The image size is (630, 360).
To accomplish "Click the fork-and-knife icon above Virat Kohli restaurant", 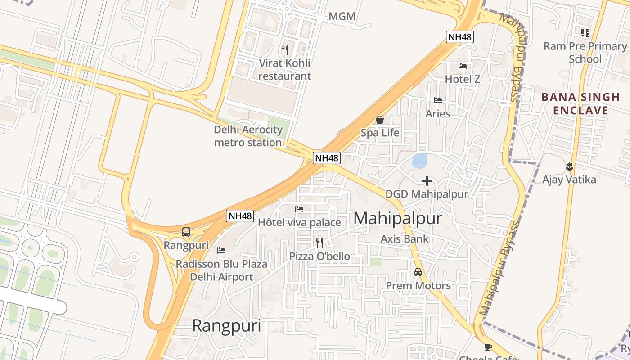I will tap(284, 50).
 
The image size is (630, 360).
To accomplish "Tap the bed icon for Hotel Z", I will tap(462, 66).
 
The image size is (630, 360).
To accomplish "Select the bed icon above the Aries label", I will tap(437, 100).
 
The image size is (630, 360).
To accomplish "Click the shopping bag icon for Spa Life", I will tap(380, 120).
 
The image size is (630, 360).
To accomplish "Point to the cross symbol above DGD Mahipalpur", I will tap(427, 181).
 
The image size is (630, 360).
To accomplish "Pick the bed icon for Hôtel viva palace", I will tap(299, 209).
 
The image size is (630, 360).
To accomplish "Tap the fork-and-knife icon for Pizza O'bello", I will tap(319, 243).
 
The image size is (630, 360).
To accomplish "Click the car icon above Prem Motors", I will tap(418, 272).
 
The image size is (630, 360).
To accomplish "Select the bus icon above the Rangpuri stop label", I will tap(186, 232).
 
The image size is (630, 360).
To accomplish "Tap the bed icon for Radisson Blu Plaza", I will tap(221, 251).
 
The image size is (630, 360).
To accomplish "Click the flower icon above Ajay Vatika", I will tap(569, 166).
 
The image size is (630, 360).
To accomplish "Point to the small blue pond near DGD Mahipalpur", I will tap(419, 161).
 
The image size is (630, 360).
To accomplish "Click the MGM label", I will tap(342, 17).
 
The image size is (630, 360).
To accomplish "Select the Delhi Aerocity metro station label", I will tap(248, 136).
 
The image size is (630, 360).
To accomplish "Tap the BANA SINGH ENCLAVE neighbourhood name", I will tap(580, 104).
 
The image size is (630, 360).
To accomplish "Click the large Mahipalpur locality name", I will tap(398, 218).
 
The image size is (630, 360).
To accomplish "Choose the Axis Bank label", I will tap(405, 239).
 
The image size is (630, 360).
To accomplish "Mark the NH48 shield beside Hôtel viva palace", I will tap(240, 216).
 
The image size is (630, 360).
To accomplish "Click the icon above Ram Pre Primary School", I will tap(585, 33).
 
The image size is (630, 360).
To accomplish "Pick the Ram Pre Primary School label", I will tap(585, 53).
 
